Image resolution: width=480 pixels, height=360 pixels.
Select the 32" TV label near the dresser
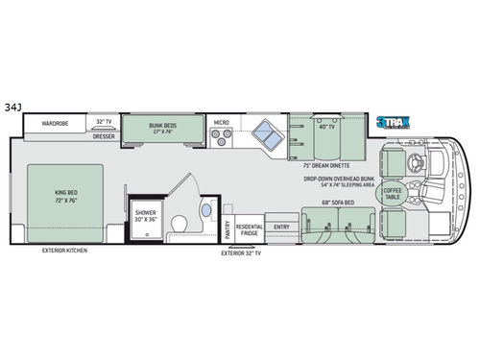click(104, 122)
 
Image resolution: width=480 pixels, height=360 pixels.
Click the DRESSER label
click(104, 136)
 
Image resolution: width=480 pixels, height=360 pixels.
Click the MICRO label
click(221, 122)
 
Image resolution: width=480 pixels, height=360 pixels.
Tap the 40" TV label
click(326, 127)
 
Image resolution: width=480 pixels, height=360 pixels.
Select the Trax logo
click(393, 122)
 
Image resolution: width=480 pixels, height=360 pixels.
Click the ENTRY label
click(281, 228)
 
